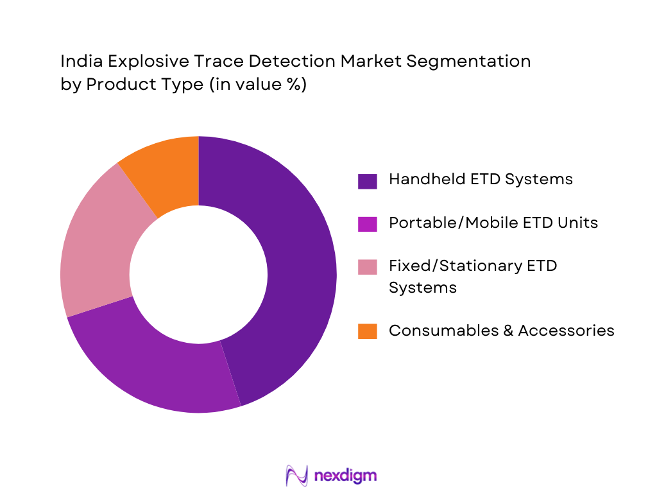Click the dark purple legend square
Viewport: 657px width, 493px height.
point(366,180)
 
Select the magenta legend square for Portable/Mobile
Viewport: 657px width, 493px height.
point(366,224)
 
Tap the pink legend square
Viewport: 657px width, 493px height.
point(366,267)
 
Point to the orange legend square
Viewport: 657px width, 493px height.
point(366,331)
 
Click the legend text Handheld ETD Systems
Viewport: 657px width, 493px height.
point(481,179)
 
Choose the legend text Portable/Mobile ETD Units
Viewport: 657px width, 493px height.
point(493,223)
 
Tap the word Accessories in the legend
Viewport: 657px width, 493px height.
point(567,330)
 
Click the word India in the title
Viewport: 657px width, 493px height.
point(77,62)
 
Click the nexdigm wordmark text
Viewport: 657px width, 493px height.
point(345,476)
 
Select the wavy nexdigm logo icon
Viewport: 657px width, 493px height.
point(296,476)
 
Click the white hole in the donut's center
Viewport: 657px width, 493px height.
point(198,275)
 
